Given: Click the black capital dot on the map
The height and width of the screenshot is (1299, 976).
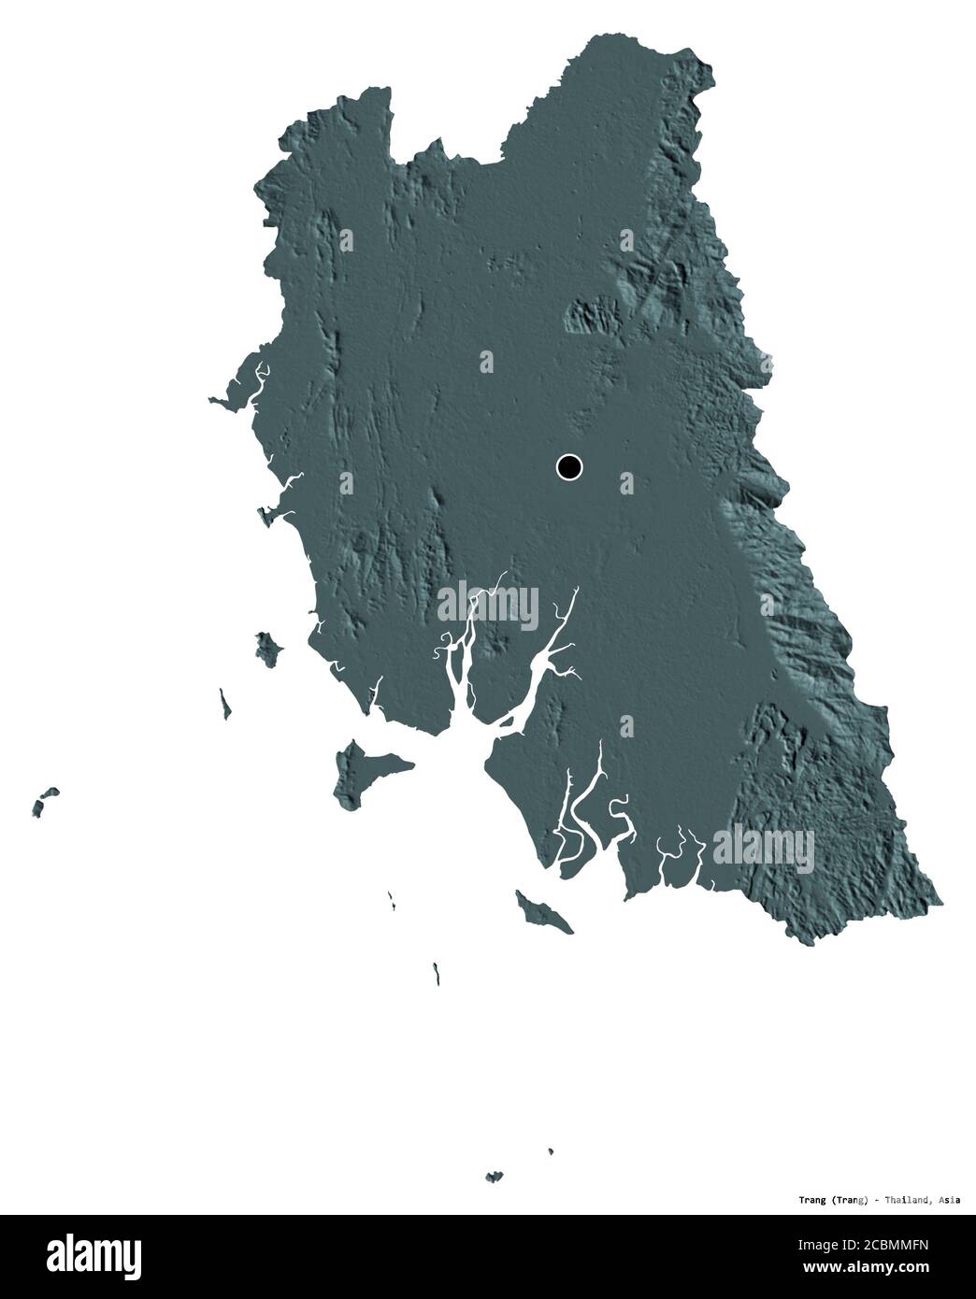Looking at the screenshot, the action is coord(568,466).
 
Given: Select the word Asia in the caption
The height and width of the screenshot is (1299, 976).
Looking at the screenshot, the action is coord(947,1200).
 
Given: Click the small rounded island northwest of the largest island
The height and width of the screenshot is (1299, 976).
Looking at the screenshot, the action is coord(269,648).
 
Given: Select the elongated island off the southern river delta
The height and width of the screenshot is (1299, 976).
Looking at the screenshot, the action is coord(543,911).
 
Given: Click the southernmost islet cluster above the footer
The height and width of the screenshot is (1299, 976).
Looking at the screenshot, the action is coord(494,1176).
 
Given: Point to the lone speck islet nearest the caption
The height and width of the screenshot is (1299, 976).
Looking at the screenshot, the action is coord(551,1151).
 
